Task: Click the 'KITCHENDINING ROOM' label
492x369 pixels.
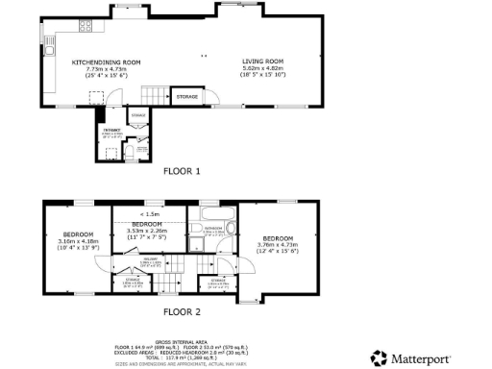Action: tap(107, 62)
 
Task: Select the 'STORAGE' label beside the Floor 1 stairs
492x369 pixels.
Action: tap(186, 96)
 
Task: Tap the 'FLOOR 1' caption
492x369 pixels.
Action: tap(182, 171)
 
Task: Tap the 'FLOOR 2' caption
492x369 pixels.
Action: tap(182, 312)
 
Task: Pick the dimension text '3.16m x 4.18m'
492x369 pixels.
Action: tap(78, 242)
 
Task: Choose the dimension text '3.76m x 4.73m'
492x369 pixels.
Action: tap(279, 244)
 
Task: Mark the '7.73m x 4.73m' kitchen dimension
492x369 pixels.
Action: tap(107, 69)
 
